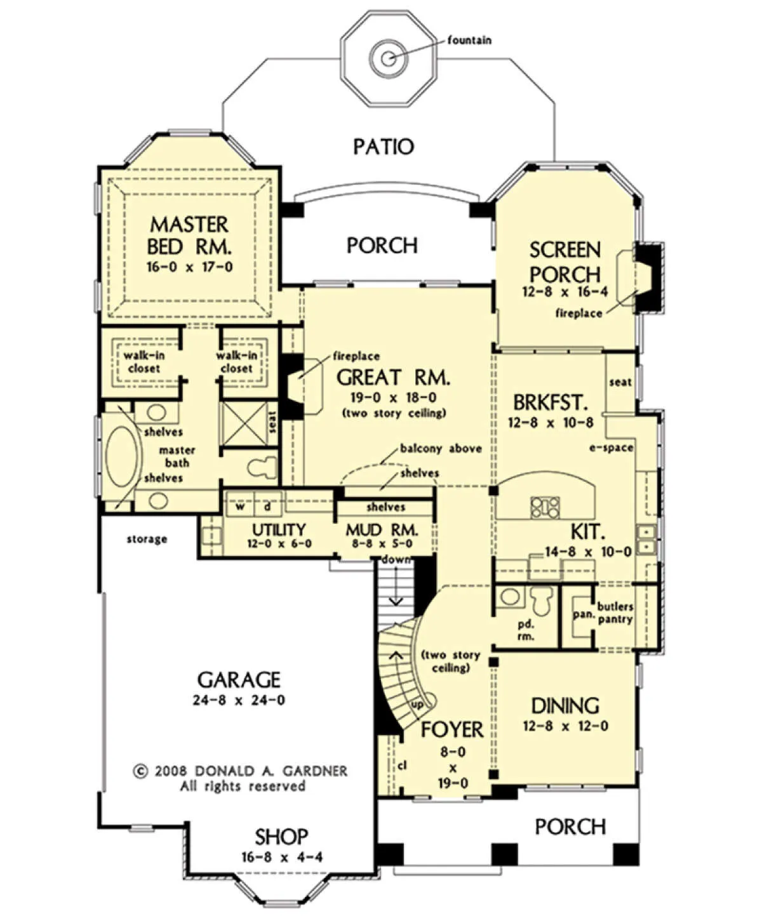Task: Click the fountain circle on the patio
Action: click(x=389, y=58)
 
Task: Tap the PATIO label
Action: click(x=384, y=147)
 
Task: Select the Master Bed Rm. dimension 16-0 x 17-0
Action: click(x=189, y=267)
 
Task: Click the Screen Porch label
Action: click(x=565, y=262)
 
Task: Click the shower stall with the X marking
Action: click(x=243, y=423)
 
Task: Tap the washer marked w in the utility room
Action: click(x=239, y=507)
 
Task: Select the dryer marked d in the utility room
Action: click(x=267, y=507)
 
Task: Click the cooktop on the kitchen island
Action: click(x=545, y=508)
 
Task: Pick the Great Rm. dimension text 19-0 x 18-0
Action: click(x=393, y=398)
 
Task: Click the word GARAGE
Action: click(x=239, y=680)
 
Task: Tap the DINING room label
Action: click(x=565, y=707)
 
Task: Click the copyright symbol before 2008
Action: click(x=140, y=771)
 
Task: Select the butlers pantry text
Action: click(x=615, y=613)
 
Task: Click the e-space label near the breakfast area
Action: click(x=611, y=448)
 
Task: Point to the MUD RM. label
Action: click(x=382, y=530)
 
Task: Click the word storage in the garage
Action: click(x=147, y=539)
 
